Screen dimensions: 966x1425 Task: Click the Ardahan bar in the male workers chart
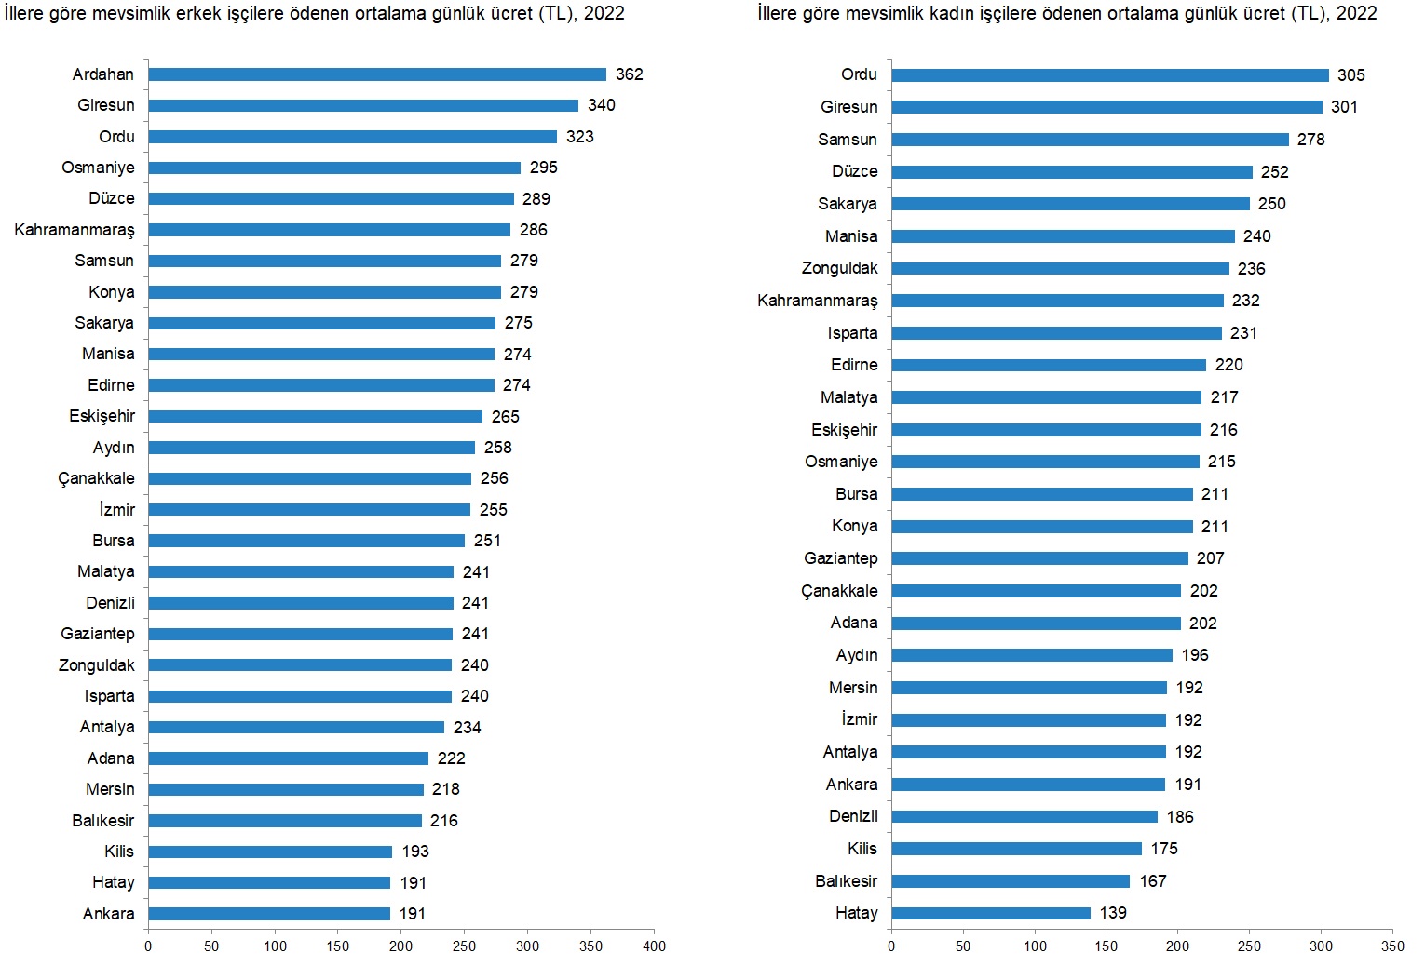[x=377, y=74]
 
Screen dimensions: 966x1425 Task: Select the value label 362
[x=630, y=74]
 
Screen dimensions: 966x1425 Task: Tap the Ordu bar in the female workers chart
[x=1110, y=75]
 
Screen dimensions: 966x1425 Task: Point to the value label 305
[x=1351, y=75]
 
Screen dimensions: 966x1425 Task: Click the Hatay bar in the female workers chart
[x=991, y=913]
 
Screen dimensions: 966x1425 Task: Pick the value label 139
[x=1113, y=913]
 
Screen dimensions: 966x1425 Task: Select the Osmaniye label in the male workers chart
[x=98, y=168]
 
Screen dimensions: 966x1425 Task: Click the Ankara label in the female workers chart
[x=851, y=785]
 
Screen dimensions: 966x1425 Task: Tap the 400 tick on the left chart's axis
[x=654, y=946]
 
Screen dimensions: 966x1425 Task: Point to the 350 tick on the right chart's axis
[x=1392, y=946]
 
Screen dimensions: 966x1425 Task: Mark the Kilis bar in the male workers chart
[x=270, y=852]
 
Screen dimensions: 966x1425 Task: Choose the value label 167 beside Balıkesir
[x=1153, y=881]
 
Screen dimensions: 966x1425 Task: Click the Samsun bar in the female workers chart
[x=1090, y=140]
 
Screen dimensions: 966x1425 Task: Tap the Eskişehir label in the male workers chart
[x=102, y=416]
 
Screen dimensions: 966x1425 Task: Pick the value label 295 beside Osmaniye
[x=544, y=168]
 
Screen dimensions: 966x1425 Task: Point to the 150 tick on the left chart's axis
[x=338, y=946]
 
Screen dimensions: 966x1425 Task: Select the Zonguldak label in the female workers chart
[x=839, y=268]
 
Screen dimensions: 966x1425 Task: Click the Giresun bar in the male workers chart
[x=363, y=106]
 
